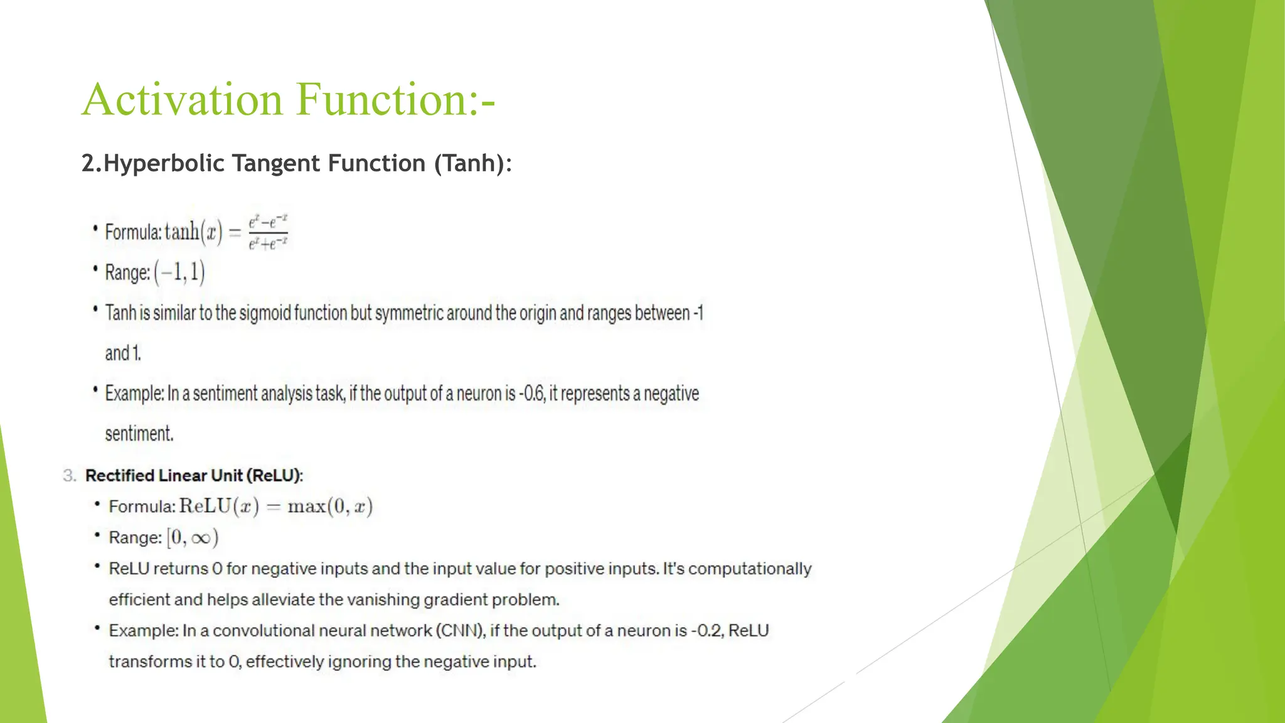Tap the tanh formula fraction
tap(268, 232)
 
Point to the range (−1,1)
tap(179, 272)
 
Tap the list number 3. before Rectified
tap(69, 476)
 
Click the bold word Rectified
tap(120, 476)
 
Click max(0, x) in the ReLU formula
tap(330, 506)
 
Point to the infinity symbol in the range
tap(201, 538)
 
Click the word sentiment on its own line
tap(139, 434)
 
